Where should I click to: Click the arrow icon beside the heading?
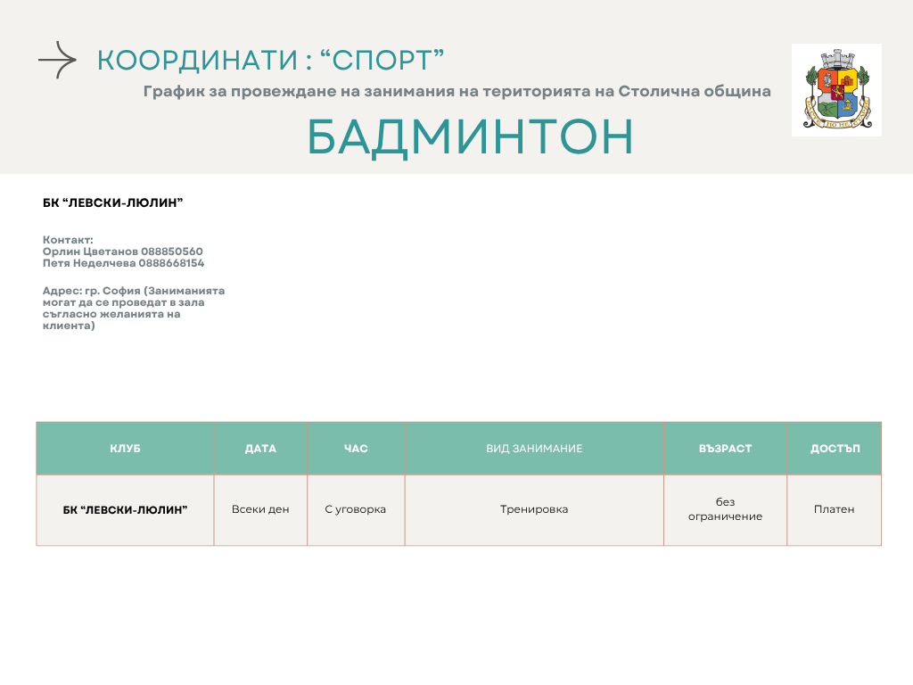point(57,60)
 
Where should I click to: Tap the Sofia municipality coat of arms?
point(836,90)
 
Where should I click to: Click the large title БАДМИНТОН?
point(470,136)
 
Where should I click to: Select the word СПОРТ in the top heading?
point(382,61)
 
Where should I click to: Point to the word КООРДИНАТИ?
point(197,61)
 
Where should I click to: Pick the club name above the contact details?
point(113,202)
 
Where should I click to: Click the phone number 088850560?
point(172,252)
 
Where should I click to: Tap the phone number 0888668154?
point(171,263)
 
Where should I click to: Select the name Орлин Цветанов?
point(90,252)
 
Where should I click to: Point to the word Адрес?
point(62,291)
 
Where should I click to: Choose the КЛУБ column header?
point(125,449)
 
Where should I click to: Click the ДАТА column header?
point(260,449)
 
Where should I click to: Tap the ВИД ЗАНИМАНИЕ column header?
point(534,449)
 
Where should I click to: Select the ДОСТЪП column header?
point(835,449)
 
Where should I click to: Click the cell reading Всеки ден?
point(260,509)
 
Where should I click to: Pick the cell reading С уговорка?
point(355,509)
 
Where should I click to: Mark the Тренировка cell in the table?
point(534,509)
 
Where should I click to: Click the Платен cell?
point(834,509)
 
